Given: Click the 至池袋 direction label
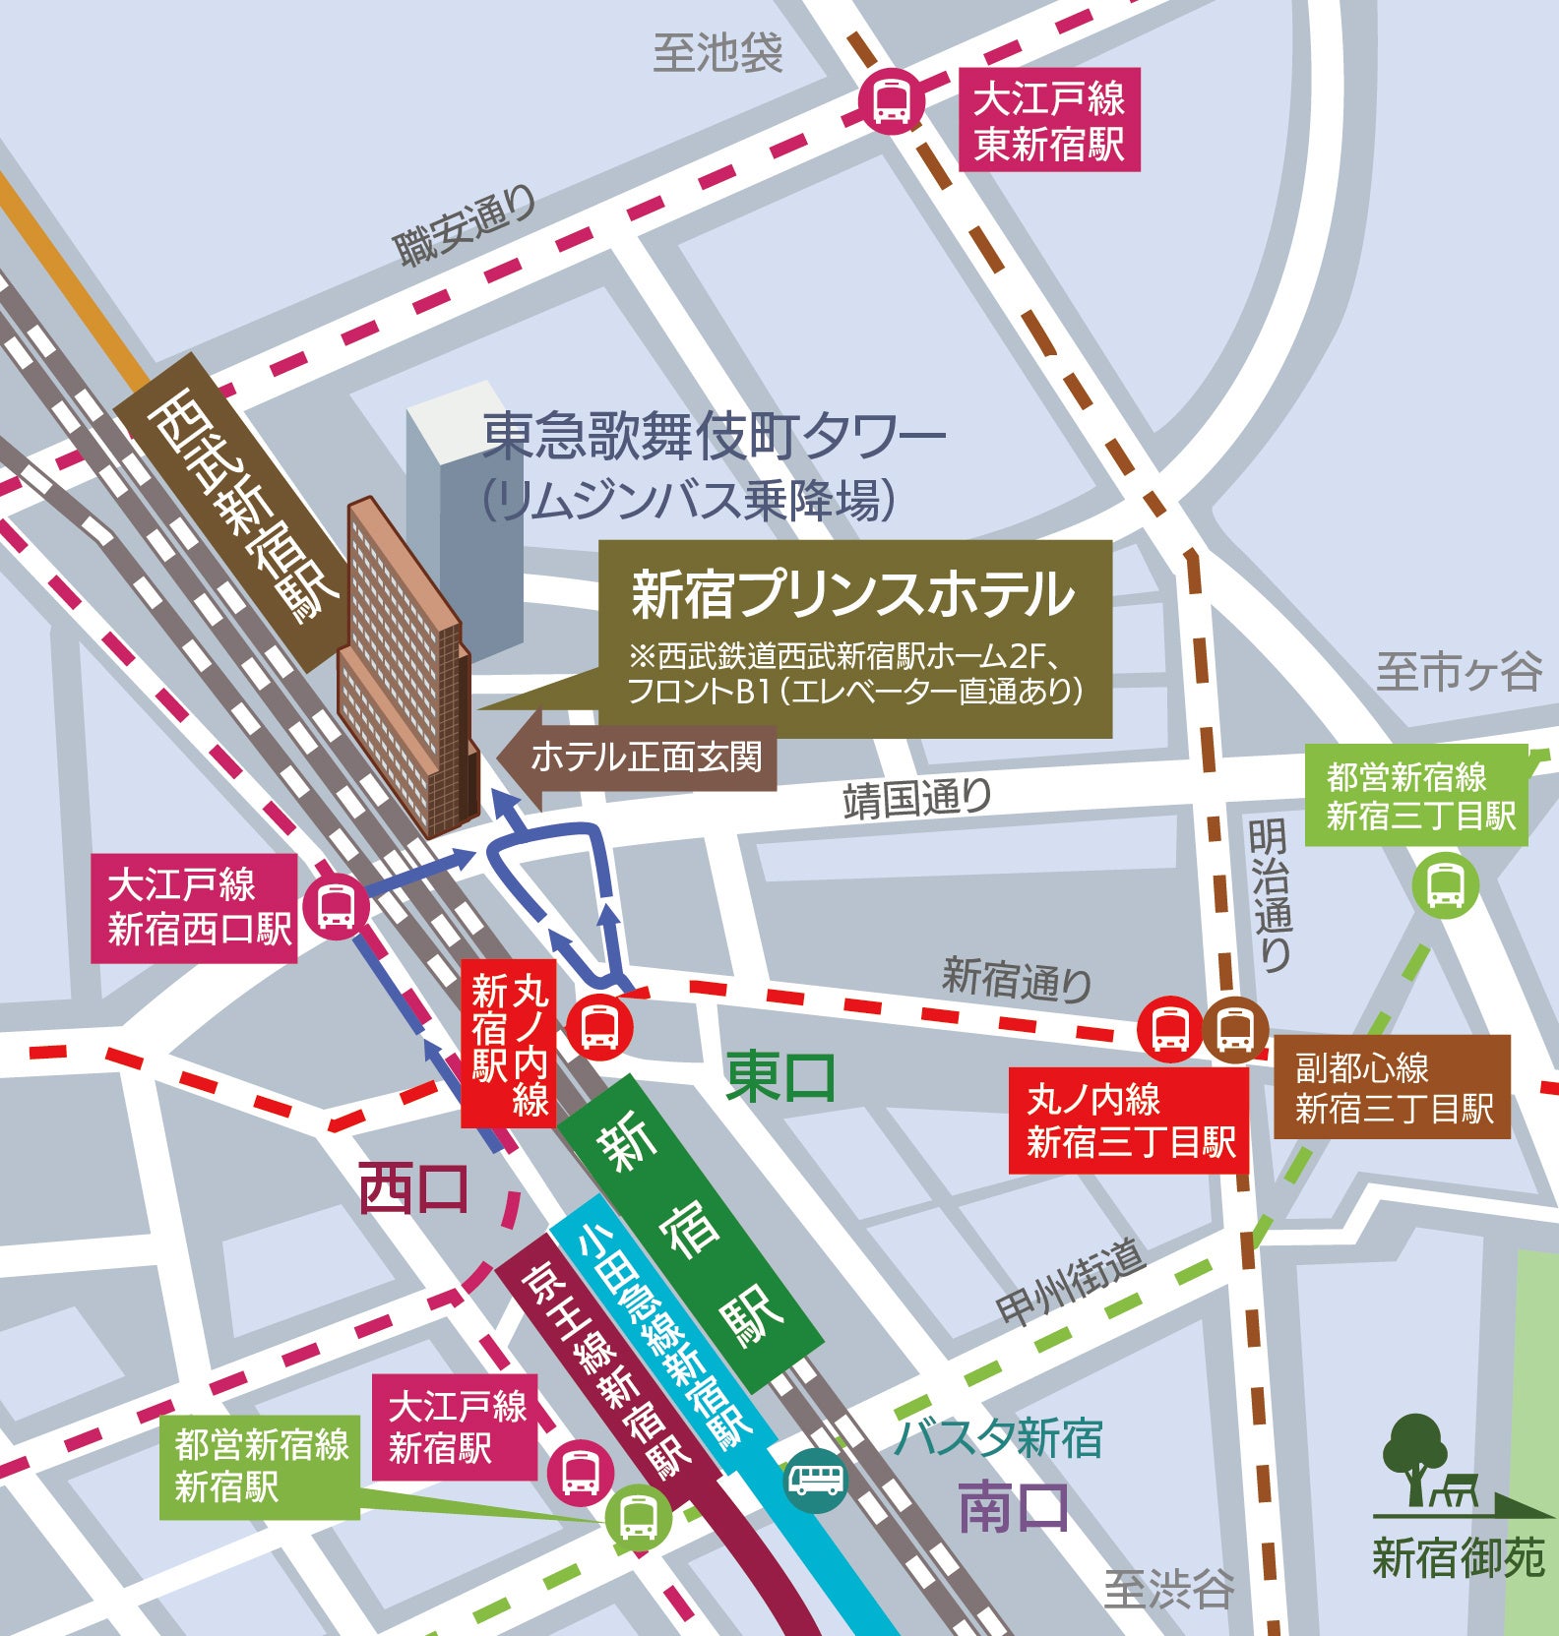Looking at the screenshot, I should [717, 53].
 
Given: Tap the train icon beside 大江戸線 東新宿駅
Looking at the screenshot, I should [891, 99].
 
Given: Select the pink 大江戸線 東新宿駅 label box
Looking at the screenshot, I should [1049, 121].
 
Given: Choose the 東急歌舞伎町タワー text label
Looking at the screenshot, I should [713, 436].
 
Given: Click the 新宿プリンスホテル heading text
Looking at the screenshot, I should [852, 594].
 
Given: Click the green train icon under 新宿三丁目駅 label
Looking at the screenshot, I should [1444, 885].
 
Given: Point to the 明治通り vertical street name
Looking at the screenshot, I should [1270, 894].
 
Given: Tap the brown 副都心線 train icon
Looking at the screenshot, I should [1234, 1029].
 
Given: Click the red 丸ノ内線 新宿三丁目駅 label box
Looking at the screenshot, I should [1129, 1121].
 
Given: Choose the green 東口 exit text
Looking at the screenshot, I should [780, 1076].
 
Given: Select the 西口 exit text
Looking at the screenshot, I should [412, 1188].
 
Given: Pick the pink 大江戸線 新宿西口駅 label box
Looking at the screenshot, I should [195, 907].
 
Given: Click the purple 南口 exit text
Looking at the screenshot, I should [1014, 1508].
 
